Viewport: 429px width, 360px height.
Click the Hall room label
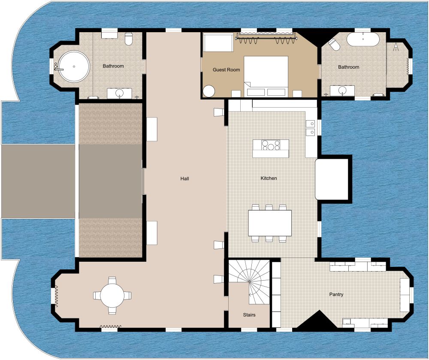185,178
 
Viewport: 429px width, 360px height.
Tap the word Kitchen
269,178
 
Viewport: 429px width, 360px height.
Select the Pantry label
336,294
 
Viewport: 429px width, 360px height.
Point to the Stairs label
249,315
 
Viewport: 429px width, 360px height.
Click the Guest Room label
227,70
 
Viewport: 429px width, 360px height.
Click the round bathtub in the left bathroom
74,67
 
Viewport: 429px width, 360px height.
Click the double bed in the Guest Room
266,76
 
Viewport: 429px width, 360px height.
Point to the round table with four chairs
112,295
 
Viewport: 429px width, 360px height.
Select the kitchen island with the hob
270,148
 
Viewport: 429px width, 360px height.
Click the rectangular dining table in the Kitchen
270,223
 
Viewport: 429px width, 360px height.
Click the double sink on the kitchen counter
310,128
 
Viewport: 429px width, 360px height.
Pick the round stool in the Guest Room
209,91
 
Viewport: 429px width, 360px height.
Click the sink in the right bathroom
342,90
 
